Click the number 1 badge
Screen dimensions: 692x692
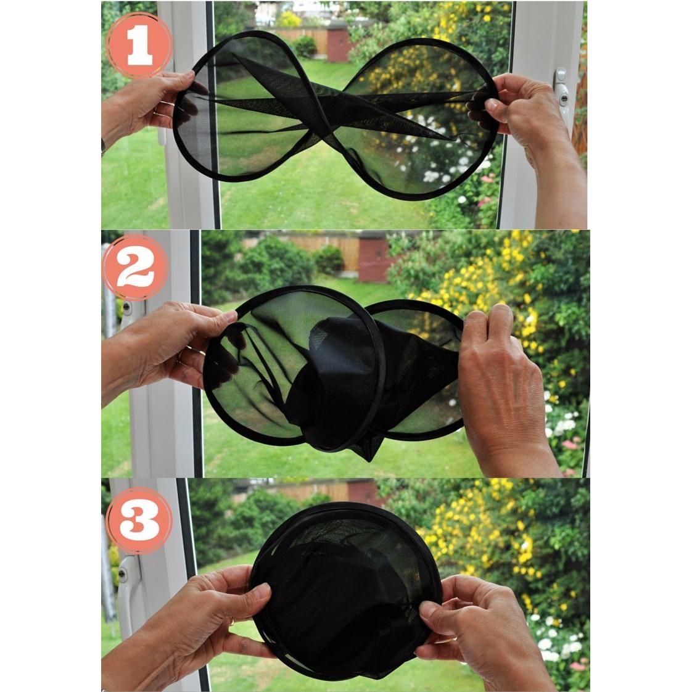point(139,45)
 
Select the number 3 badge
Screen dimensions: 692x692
point(139,521)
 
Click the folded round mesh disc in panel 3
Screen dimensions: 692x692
point(345,592)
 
